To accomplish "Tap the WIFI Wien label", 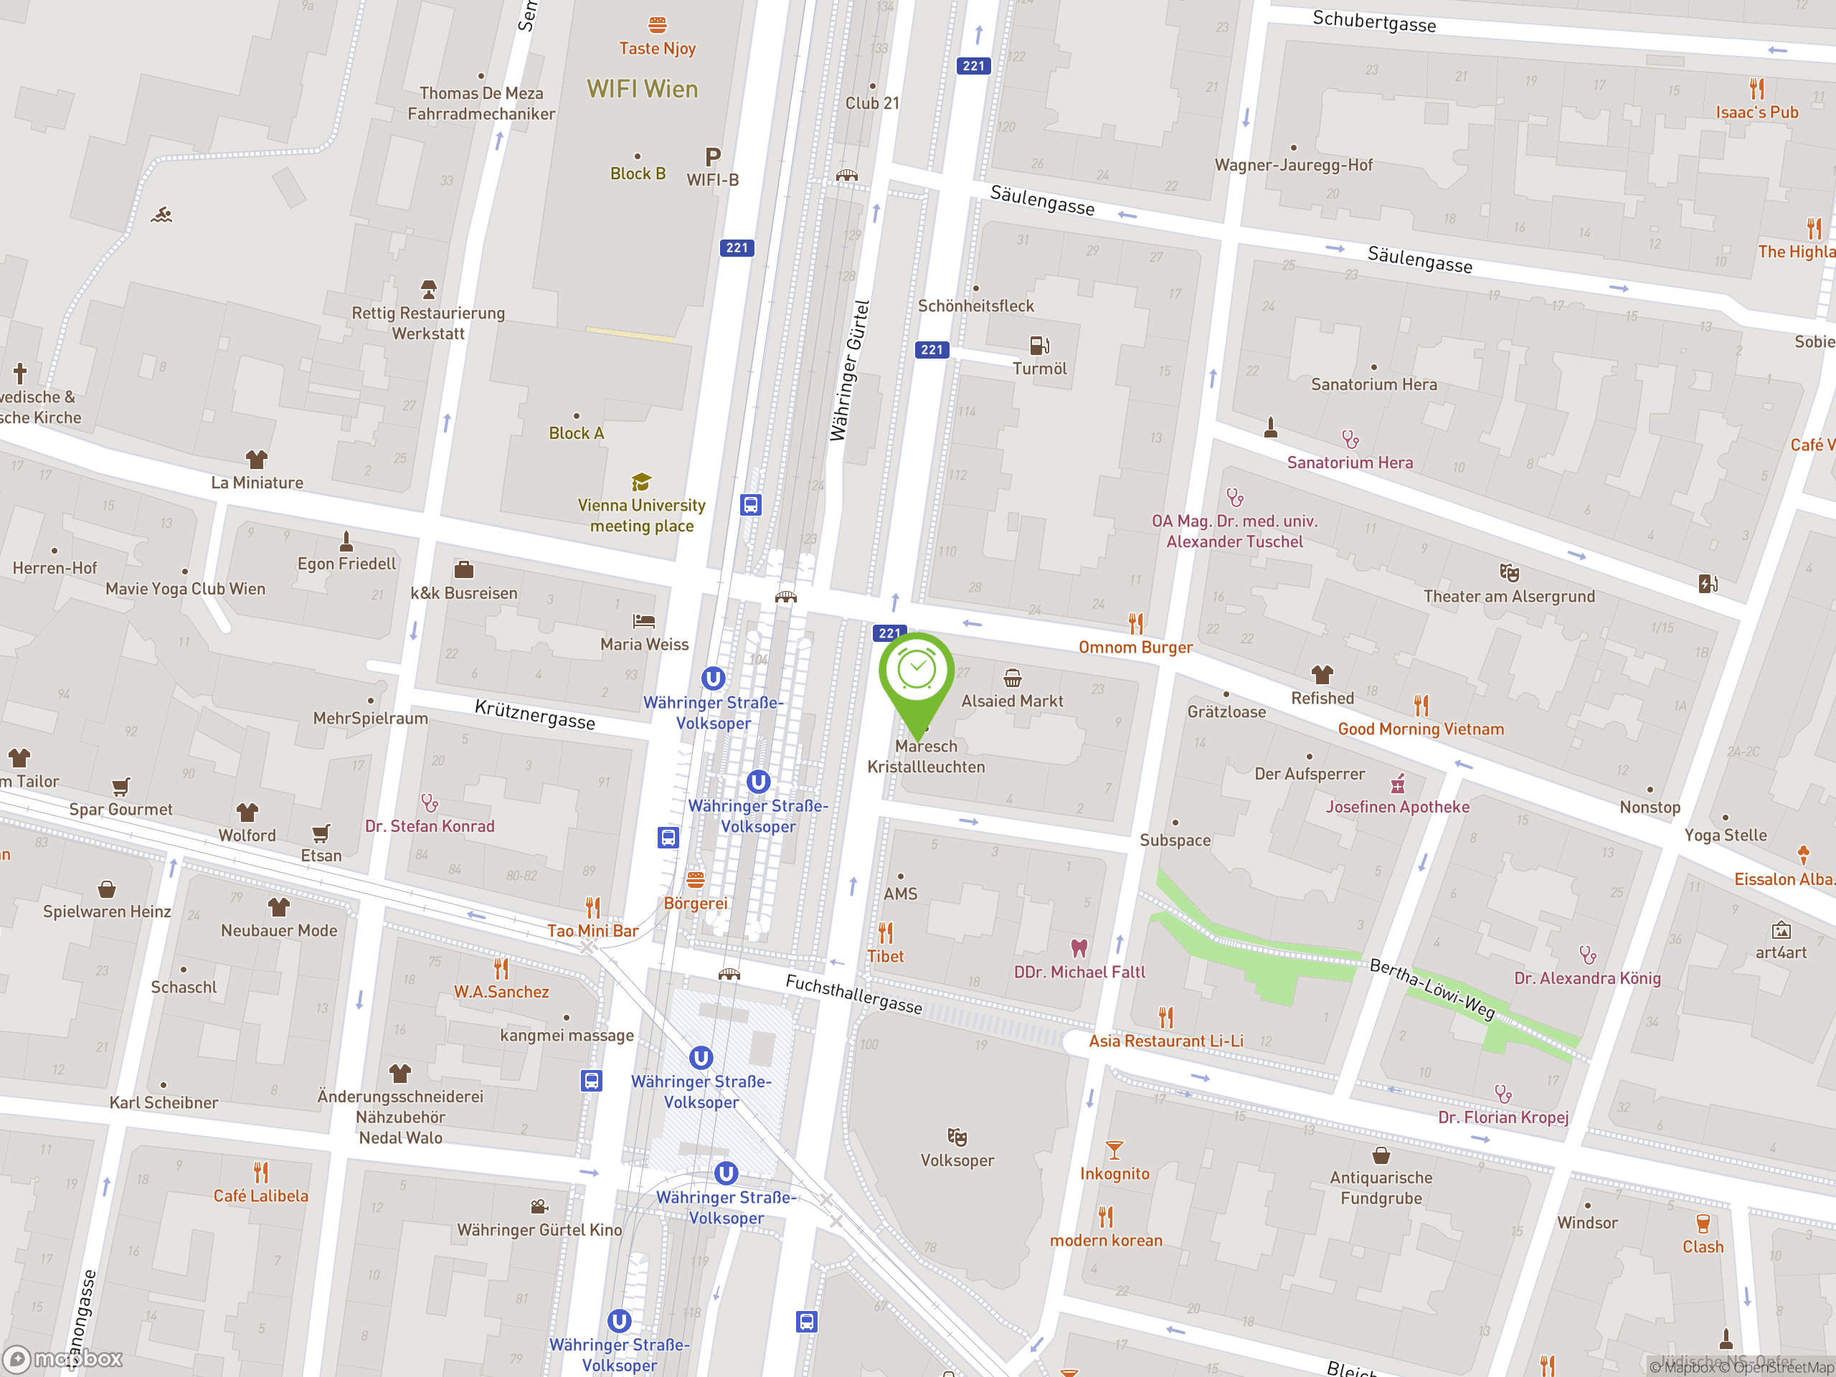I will pos(642,89).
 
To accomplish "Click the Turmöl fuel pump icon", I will pos(1039,344).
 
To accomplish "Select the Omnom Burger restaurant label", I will pos(1135,648).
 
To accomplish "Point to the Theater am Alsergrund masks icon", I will pos(1509,573).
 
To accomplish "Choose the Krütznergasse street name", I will pos(534,714).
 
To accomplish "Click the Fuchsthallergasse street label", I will pos(853,994).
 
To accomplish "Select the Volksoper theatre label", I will pos(957,1160).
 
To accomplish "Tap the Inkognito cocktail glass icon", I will pos(1114,1150).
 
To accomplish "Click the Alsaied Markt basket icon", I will pos(1012,678).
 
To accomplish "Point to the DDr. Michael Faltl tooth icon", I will pos(1079,948).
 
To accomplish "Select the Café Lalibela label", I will pos(260,1196).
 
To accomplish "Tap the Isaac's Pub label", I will pos(1756,112).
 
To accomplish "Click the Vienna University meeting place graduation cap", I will pos(640,482).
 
